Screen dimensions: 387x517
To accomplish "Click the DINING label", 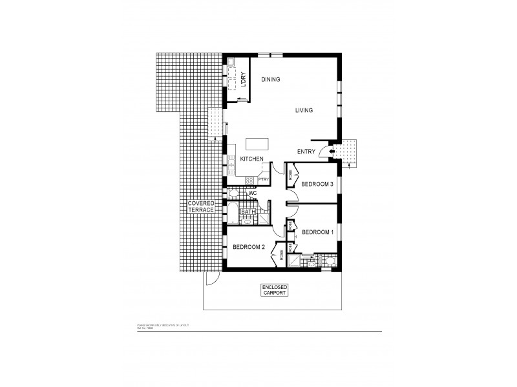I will coord(270,79).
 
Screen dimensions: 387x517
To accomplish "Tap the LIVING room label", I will coord(304,110).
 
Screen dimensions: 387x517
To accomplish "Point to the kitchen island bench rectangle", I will coord(258,143).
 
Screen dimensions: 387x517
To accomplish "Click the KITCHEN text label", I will coord(251,158).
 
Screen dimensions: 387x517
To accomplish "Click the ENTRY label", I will coord(306,152).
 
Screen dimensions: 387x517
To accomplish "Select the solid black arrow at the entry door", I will coord(332,152).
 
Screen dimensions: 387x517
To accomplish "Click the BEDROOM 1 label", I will coord(317,232).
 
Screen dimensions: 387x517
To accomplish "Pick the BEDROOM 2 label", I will coord(249,247).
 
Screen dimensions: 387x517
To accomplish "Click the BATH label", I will coord(248,212).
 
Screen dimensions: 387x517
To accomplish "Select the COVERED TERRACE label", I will coord(200,207).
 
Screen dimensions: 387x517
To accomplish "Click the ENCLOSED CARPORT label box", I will coord(275,289).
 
